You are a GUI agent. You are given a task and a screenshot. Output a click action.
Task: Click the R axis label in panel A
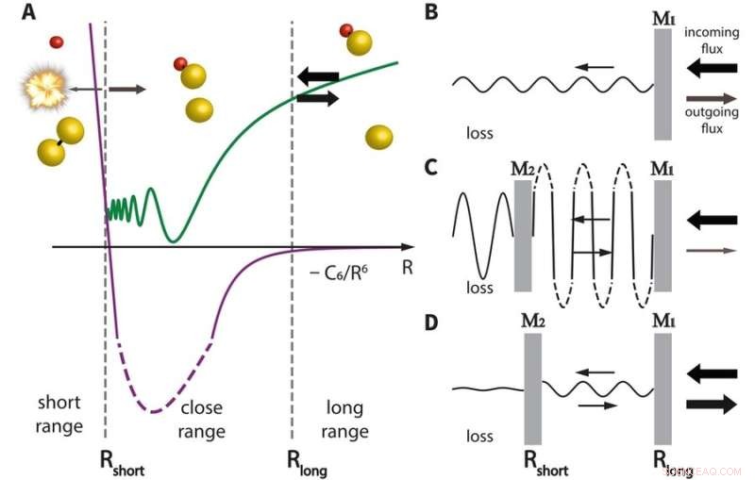click(408, 267)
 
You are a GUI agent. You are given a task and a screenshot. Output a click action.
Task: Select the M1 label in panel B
click(662, 16)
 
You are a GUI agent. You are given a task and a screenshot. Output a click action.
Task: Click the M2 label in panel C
click(524, 170)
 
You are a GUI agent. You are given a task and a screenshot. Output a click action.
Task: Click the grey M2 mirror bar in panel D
click(535, 387)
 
